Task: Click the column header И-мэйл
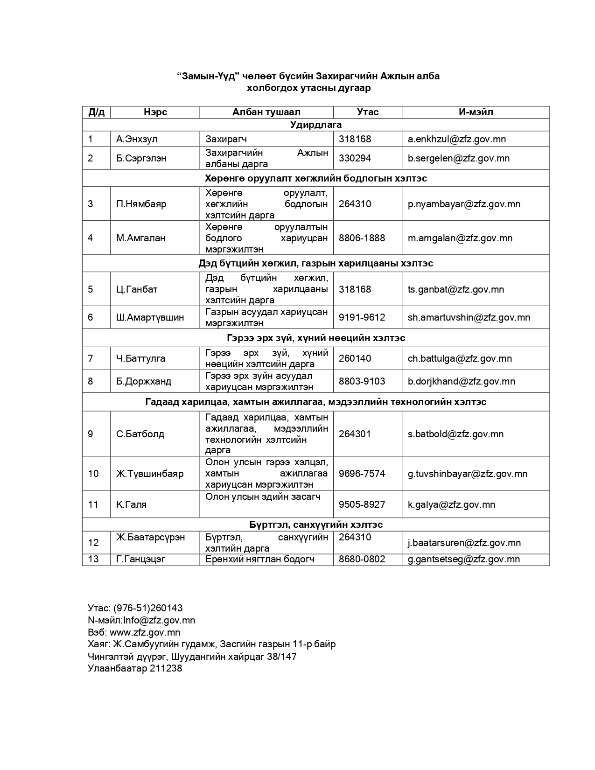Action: tap(476, 112)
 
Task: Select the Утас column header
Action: tap(367, 112)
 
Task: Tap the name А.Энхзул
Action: tap(137, 139)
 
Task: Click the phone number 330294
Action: tap(355, 158)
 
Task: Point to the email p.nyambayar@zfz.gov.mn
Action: tap(464, 204)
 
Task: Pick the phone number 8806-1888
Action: tap(362, 238)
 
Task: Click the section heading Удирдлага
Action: tap(316, 125)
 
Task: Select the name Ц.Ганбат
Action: tap(137, 289)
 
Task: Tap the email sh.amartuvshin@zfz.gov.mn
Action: tap(469, 317)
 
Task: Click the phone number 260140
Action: tap(355, 358)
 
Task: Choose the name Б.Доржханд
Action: tap(144, 381)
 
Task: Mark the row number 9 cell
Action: tap(91, 434)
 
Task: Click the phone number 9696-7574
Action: tap(362, 474)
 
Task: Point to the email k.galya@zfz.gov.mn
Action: tap(451, 504)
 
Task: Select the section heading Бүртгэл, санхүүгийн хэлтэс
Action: tap(316, 525)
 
